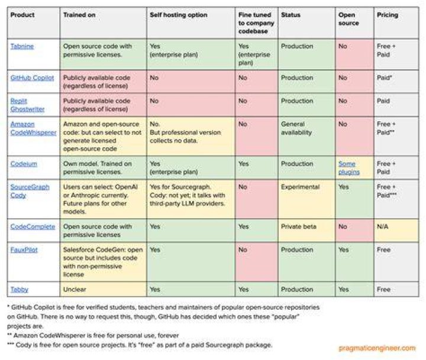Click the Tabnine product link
click(22, 47)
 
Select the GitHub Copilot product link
click(32, 78)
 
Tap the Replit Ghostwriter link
click(27, 105)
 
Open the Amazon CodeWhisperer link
click(33, 128)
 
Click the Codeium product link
click(24, 164)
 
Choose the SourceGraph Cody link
click(30, 191)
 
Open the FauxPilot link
click(24, 250)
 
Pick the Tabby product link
click(20, 290)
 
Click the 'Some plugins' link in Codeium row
click(349, 168)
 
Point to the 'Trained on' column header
click(79, 15)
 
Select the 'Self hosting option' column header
click(179, 15)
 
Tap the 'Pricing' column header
click(388, 15)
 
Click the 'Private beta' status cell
click(299, 226)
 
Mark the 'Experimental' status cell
click(300, 187)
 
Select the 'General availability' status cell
click(296, 128)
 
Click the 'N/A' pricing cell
click(383, 226)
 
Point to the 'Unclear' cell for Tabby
click(75, 290)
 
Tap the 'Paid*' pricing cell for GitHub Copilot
click(384, 78)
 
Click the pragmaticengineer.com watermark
click(377, 348)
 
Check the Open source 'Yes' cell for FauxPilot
click(343, 250)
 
